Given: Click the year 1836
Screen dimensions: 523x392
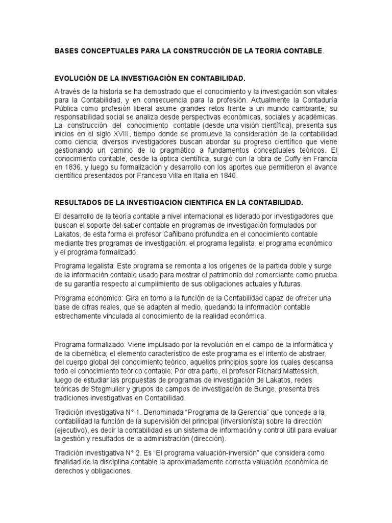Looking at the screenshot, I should click(69, 168).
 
